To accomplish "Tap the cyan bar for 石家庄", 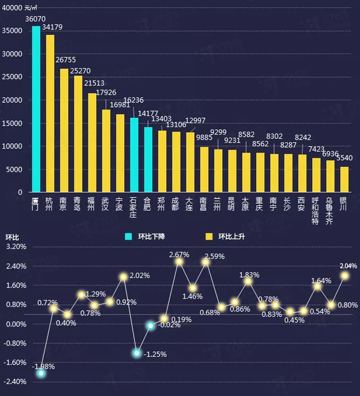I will click(x=134, y=155).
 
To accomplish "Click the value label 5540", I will click(x=344, y=158).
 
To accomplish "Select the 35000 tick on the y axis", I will click(x=13, y=31).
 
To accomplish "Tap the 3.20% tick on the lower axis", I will click(x=16, y=247).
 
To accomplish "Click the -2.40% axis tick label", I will click(x=16, y=381).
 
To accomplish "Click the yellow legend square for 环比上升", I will click(x=209, y=236).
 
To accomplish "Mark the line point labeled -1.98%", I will click(x=41, y=373).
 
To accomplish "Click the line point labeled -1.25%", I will click(x=136, y=353).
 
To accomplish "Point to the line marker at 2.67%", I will click(x=179, y=261).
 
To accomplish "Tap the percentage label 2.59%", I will click(x=214, y=256).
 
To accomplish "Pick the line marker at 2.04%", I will click(x=344, y=276).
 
